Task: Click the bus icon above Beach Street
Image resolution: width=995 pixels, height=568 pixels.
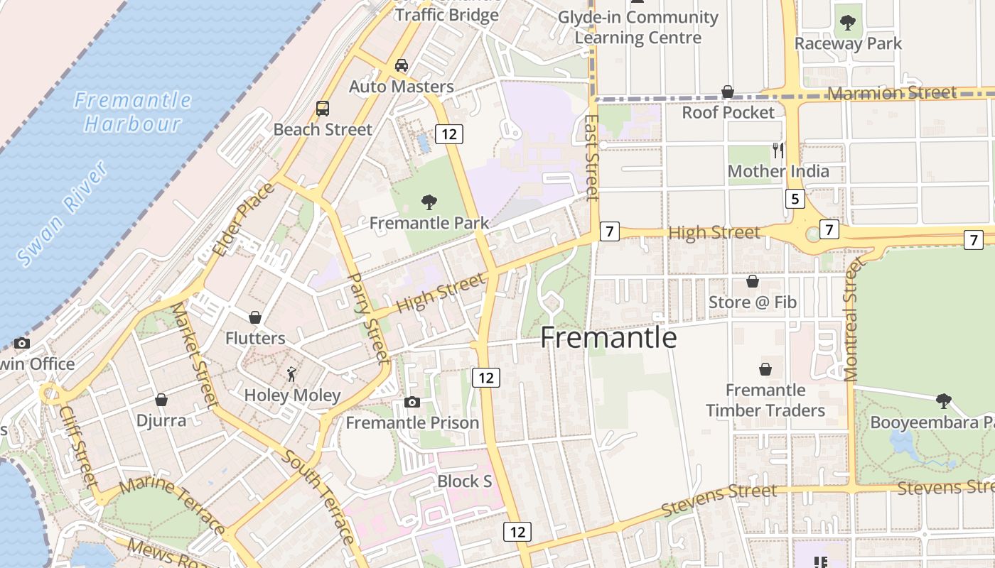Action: pyautogui.click(x=323, y=109)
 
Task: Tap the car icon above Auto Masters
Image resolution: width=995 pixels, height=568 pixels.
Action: pyautogui.click(x=402, y=65)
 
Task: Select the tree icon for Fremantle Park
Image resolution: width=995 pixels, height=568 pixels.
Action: pyautogui.click(x=429, y=202)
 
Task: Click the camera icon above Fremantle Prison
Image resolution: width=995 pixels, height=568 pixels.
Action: pyautogui.click(x=412, y=403)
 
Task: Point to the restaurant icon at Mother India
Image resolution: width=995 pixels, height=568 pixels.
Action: pyautogui.click(x=778, y=150)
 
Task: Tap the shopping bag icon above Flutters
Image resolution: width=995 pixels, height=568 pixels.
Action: pyautogui.click(x=255, y=317)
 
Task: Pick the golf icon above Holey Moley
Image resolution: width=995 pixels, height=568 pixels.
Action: pyautogui.click(x=291, y=373)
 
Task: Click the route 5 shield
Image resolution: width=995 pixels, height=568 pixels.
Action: pyautogui.click(x=795, y=199)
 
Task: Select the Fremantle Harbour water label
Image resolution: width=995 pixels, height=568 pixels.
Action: pyautogui.click(x=133, y=111)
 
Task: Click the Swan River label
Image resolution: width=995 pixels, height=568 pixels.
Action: pyautogui.click(x=63, y=214)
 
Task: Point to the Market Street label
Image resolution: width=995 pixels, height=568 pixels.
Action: pyautogui.click(x=194, y=354)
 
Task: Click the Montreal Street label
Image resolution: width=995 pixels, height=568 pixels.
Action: pyautogui.click(x=851, y=320)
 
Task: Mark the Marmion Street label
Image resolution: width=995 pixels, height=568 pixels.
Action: pyautogui.click(x=892, y=94)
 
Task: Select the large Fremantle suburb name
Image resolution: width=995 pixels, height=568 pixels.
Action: pyautogui.click(x=608, y=337)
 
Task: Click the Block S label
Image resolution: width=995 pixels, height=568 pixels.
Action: pyautogui.click(x=465, y=481)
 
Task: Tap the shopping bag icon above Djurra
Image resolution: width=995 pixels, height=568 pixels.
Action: pyautogui.click(x=161, y=400)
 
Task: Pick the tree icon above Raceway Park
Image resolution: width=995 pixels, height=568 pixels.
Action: pyautogui.click(x=847, y=23)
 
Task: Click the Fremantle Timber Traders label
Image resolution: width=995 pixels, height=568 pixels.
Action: pyautogui.click(x=765, y=400)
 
